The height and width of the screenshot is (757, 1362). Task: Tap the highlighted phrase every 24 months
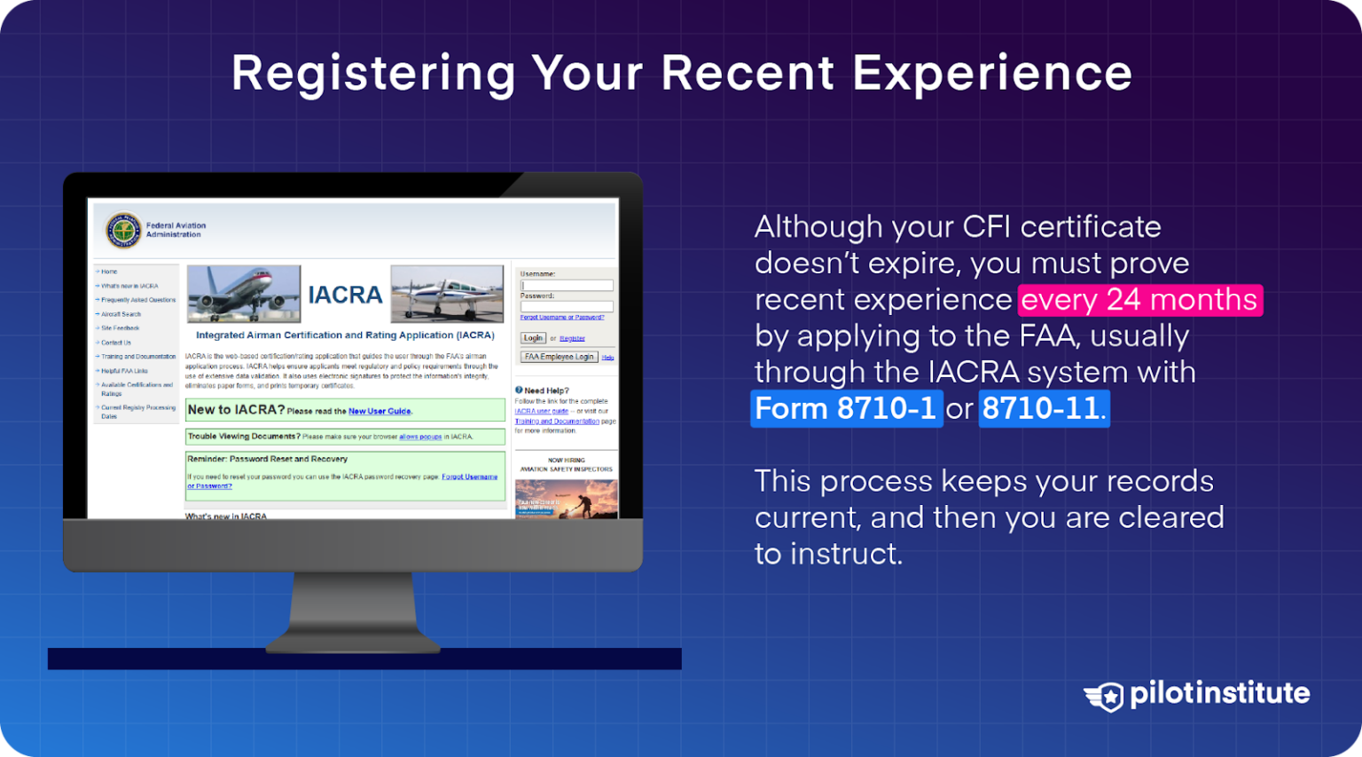point(1139,300)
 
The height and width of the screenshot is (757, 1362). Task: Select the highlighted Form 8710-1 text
point(846,409)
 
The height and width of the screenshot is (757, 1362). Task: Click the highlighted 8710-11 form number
point(1043,409)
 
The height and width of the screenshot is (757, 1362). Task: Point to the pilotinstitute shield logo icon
point(1105,696)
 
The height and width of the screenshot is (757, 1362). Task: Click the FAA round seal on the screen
point(123,231)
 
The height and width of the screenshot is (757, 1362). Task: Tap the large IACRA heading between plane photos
point(345,295)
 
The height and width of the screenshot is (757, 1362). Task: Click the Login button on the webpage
point(533,338)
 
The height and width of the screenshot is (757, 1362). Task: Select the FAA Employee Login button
point(559,357)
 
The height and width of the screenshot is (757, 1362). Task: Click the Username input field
point(567,285)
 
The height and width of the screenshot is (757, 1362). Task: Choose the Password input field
point(567,306)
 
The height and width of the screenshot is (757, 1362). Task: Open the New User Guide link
point(380,412)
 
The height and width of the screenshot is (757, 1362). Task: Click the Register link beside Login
point(572,338)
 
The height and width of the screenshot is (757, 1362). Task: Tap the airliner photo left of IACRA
point(244,293)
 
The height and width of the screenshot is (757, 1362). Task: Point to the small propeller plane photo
point(447,293)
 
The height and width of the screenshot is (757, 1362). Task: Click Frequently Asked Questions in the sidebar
point(138,300)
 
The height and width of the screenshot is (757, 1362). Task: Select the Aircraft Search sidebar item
point(121,314)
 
